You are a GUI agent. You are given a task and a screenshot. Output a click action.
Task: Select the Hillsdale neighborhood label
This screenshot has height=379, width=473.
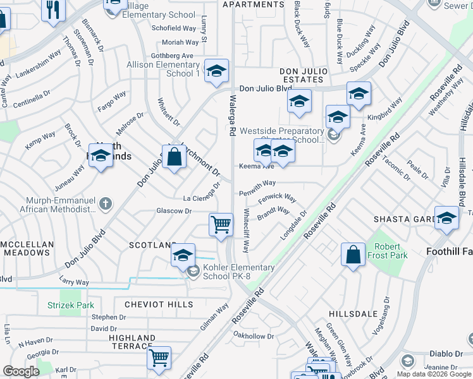coord(353,314)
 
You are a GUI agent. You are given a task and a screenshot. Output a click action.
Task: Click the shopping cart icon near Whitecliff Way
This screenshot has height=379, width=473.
coord(221,224)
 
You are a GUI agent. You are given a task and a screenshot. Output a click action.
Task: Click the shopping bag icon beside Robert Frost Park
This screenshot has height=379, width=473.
coord(353,254)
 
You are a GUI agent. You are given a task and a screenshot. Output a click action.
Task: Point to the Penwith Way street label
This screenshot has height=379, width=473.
coord(257,183)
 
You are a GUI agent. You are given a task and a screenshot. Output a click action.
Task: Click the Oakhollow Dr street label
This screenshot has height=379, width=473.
coord(254,335)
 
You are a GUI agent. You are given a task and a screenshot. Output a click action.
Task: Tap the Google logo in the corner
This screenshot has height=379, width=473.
coord(21,371)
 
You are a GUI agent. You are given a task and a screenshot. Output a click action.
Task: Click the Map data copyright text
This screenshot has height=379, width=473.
coord(427,374)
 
